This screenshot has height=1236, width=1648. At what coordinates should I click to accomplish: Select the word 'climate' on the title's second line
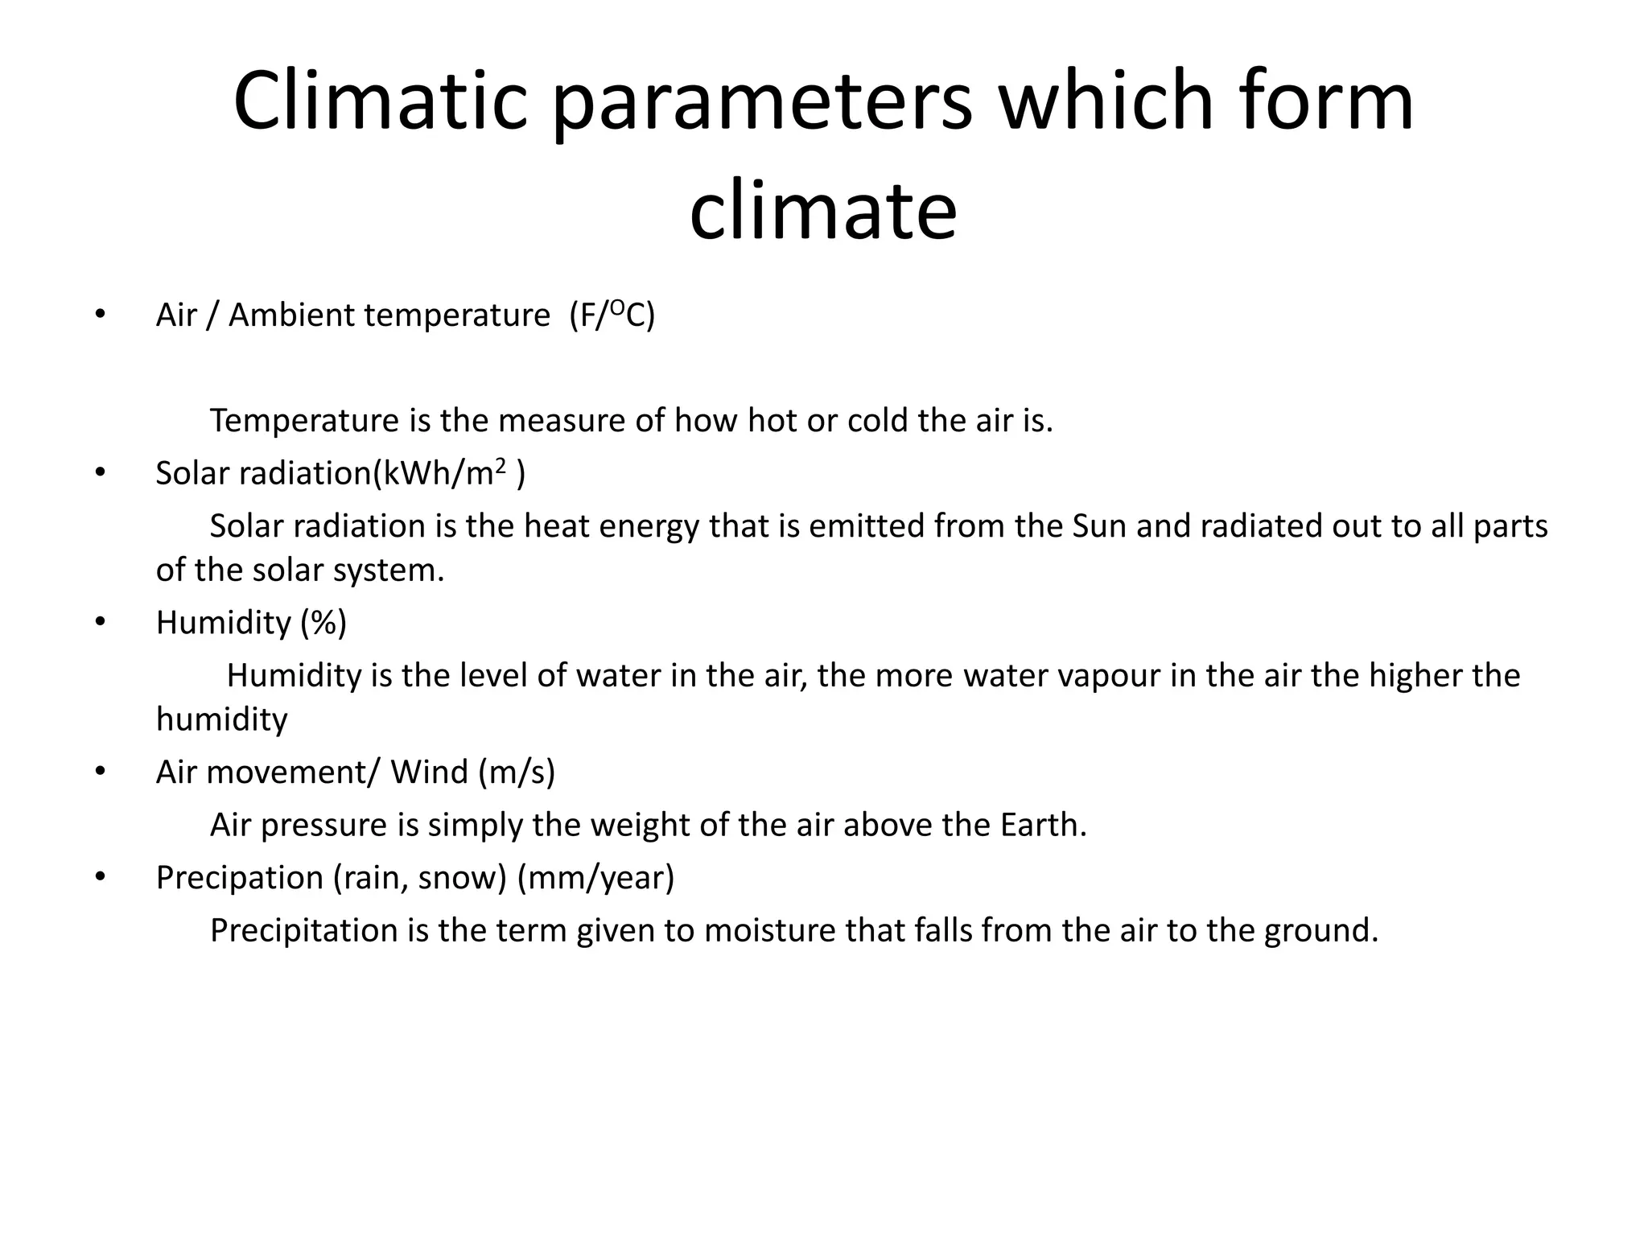click(x=823, y=211)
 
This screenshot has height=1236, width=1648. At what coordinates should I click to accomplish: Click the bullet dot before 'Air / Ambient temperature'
click(x=100, y=315)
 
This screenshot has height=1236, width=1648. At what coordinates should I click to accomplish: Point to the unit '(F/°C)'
click(x=612, y=315)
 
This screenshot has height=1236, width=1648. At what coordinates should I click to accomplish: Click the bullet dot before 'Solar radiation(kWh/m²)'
click(x=100, y=473)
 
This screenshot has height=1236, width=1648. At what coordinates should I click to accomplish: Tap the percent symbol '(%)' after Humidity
click(x=323, y=623)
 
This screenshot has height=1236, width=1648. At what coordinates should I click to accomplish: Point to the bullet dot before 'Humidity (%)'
click(x=100, y=623)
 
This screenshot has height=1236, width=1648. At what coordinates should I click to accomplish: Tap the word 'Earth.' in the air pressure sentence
click(x=1044, y=825)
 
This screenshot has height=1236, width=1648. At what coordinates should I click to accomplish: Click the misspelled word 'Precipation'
click(x=239, y=878)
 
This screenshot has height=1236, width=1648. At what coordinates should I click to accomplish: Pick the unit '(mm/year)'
click(x=595, y=878)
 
